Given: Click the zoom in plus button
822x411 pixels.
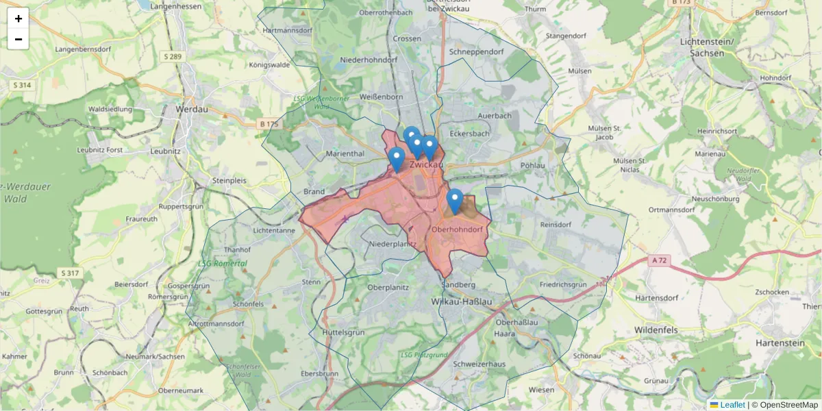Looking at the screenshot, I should coord(18,18).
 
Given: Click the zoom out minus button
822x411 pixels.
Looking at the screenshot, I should coord(18,39).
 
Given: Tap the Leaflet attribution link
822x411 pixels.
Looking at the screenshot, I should coord(732,405).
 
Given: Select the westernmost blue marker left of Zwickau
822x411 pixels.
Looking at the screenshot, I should coord(396,159).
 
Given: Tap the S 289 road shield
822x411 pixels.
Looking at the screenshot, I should coord(173,56).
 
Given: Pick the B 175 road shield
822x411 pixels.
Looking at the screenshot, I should coord(269,124).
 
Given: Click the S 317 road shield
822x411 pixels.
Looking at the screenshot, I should coord(69,273).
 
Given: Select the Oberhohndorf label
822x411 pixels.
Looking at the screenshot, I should coord(459,229).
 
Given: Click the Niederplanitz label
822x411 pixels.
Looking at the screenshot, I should coord(393,243).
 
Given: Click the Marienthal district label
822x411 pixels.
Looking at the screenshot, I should coord(345,153).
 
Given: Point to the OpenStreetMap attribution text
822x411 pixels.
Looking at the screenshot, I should coord(788,405).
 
